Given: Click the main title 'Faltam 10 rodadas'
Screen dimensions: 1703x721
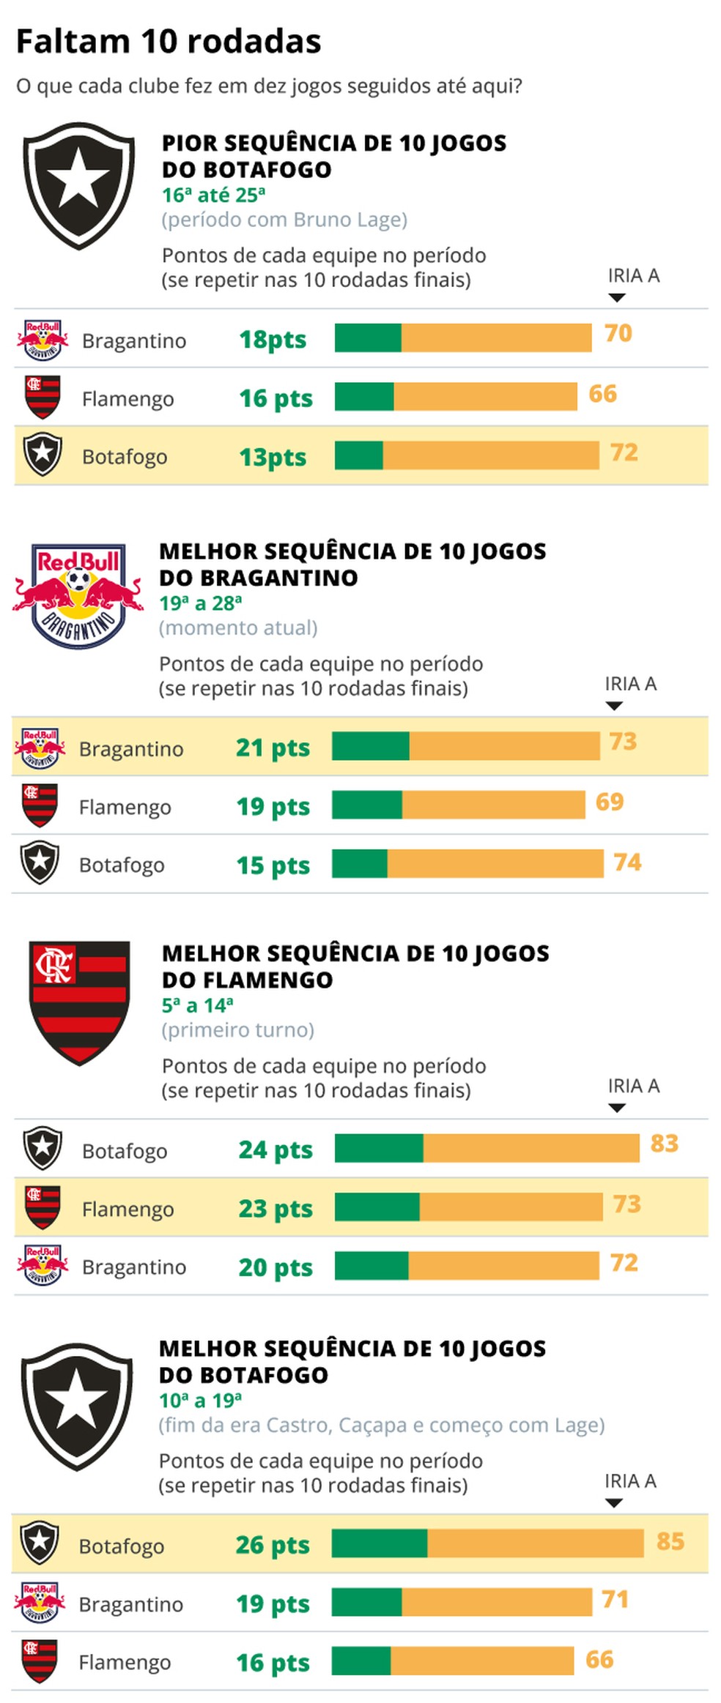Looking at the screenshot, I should pyautogui.click(x=169, y=42).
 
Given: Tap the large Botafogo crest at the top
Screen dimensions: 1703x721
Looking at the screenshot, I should pyautogui.click(x=78, y=185).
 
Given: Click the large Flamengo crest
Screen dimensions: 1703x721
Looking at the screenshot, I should pyautogui.click(x=79, y=1002).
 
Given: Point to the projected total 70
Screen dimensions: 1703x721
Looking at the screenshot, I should pyautogui.click(x=618, y=333).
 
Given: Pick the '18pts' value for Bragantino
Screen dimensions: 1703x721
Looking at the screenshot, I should pyautogui.click(x=273, y=340).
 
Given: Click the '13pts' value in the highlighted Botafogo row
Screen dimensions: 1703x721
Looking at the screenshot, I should pyautogui.click(x=273, y=457).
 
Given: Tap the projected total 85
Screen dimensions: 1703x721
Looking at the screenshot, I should pyautogui.click(x=670, y=1541).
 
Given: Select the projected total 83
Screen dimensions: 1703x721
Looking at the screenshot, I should pyautogui.click(x=664, y=1143).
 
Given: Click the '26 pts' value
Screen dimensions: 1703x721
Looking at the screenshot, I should pyautogui.click(x=273, y=1545).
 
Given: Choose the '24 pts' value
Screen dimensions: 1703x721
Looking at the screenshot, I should pyautogui.click(x=276, y=1149).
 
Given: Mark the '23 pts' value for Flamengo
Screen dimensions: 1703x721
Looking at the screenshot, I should pyautogui.click(x=276, y=1208).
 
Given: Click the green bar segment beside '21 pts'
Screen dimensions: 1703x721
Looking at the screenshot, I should pyautogui.click(x=370, y=746).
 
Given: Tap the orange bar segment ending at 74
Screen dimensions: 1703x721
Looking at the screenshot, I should pyautogui.click(x=495, y=863).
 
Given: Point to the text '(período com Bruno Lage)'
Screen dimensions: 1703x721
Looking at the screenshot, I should pyautogui.click(x=284, y=220).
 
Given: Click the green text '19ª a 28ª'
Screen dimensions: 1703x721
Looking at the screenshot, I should pyautogui.click(x=201, y=603).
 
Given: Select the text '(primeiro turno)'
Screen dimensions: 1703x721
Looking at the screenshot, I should pyautogui.click(x=238, y=1030).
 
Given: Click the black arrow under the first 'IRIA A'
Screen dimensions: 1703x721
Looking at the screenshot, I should pyautogui.click(x=617, y=297).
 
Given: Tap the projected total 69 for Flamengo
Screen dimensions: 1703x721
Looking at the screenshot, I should pyautogui.click(x=609, y=802).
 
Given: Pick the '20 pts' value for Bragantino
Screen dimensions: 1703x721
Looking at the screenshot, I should pyautogui.click(x=276, y=1267).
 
